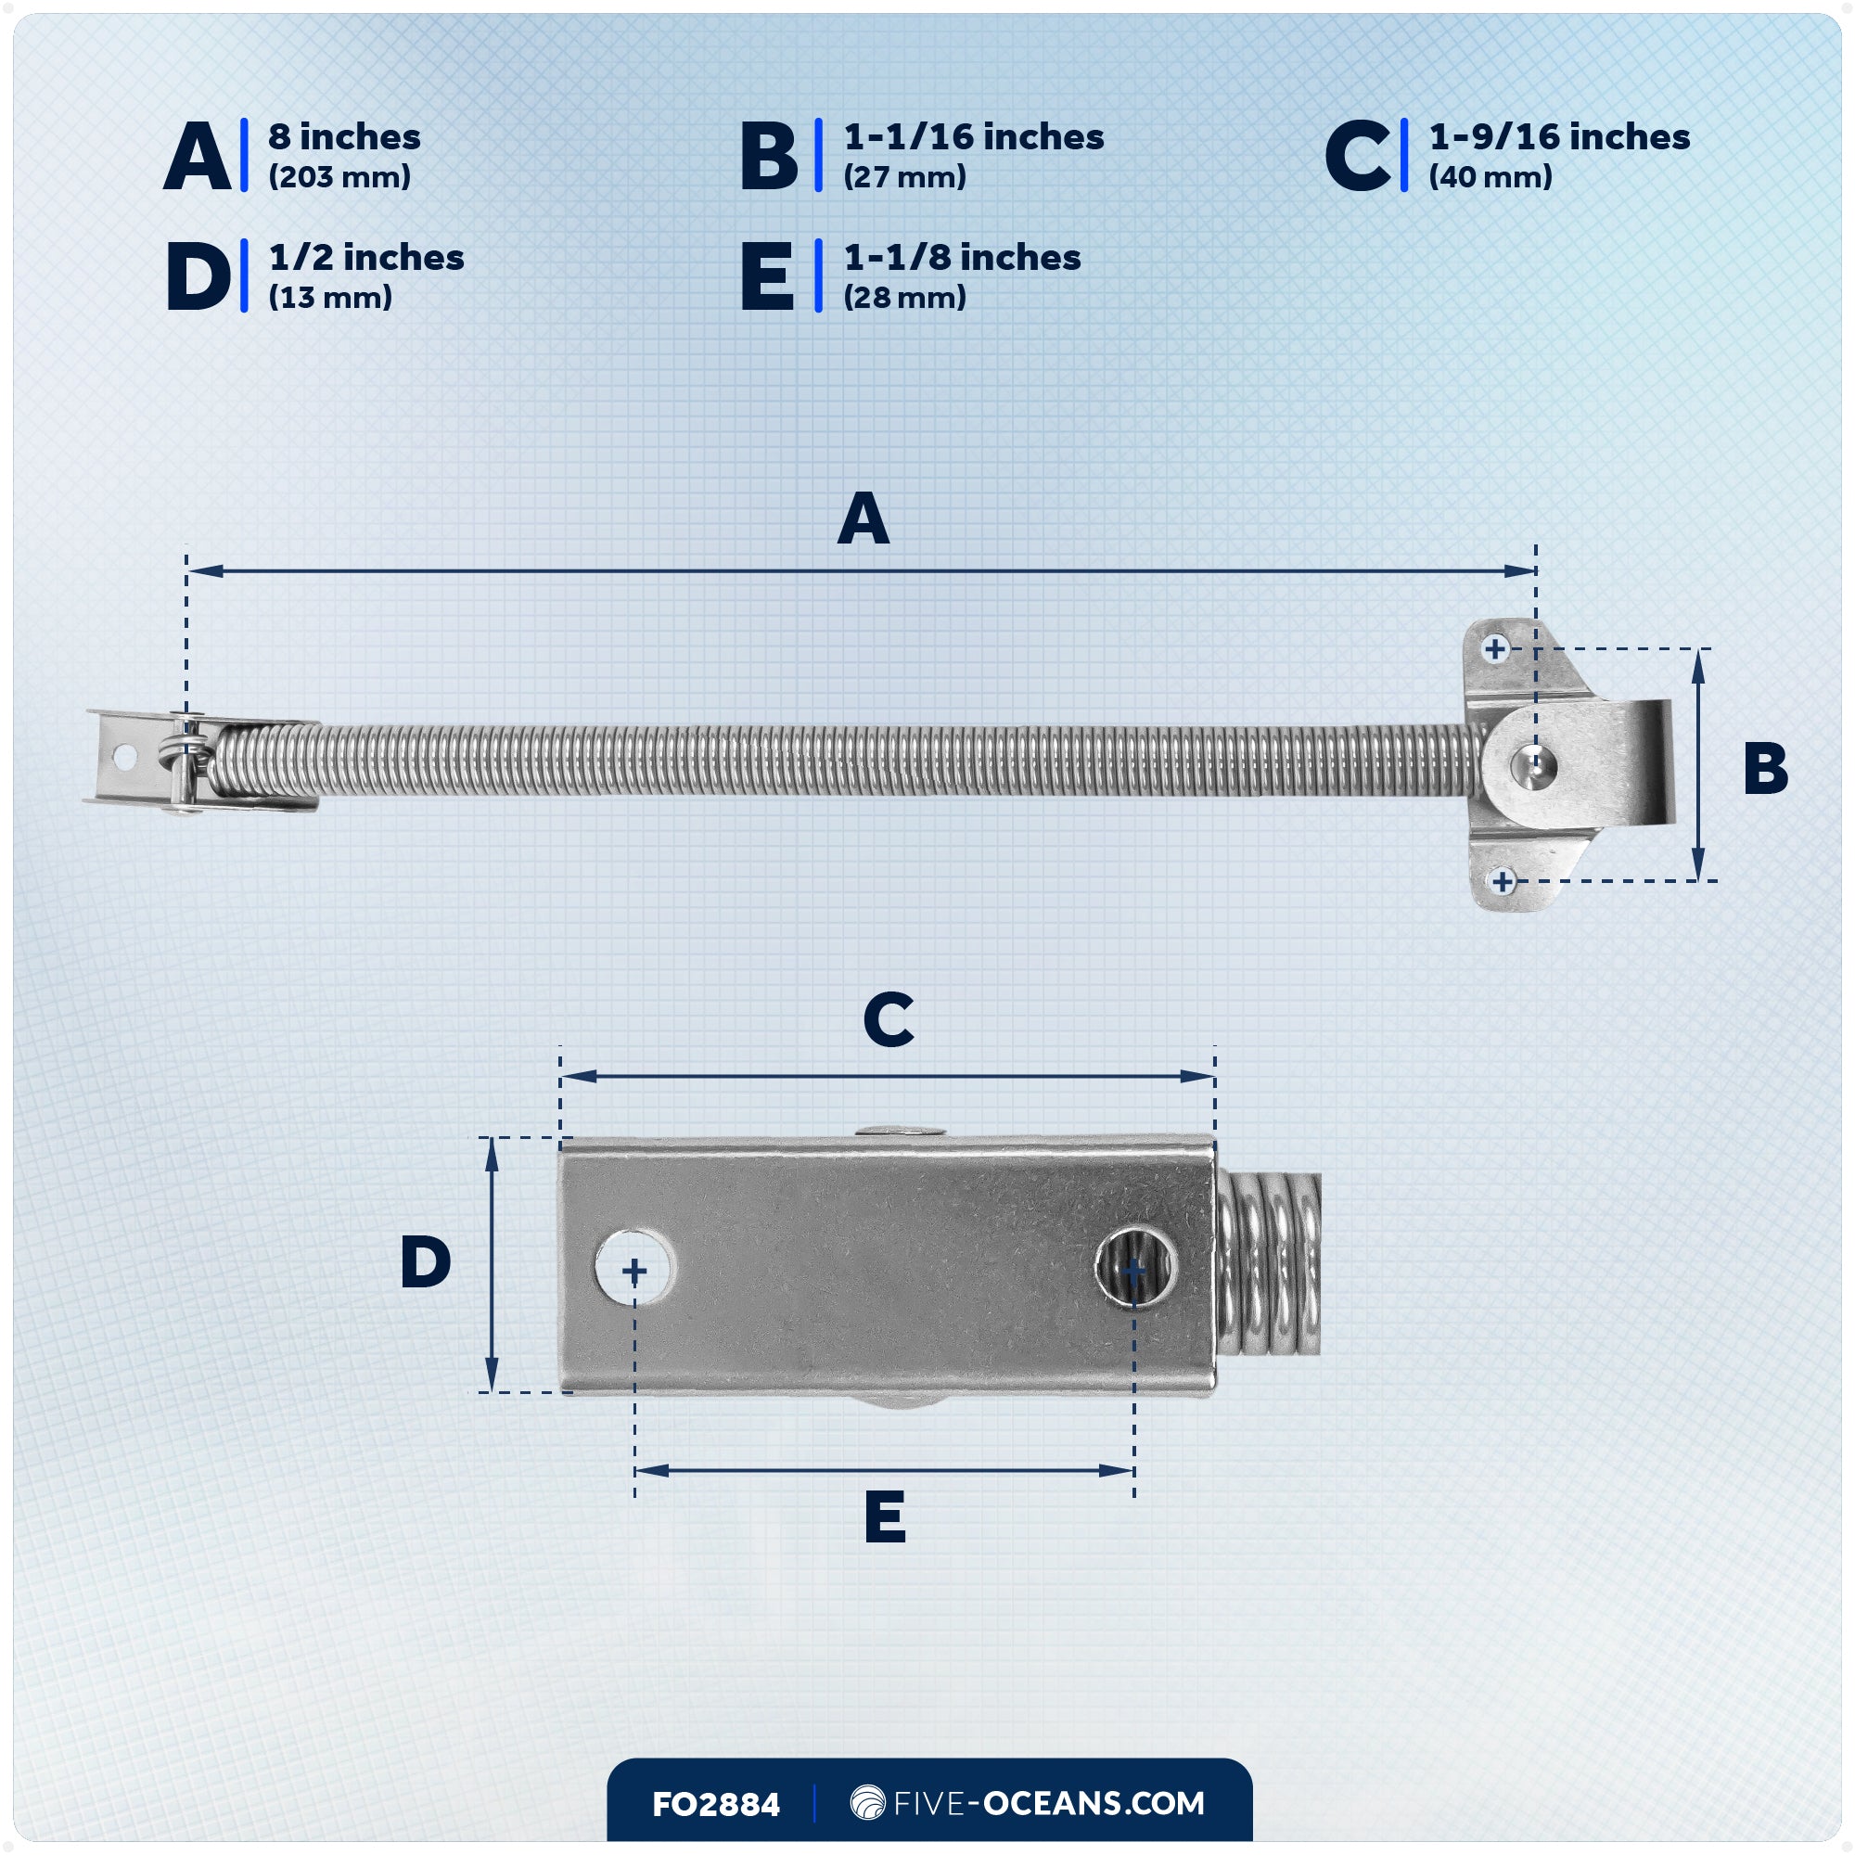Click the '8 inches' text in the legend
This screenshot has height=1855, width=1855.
[x=344, y=137]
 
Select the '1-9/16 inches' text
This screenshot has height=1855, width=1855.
[x=1559, y=137]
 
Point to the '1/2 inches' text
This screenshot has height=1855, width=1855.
[x=365, y=257]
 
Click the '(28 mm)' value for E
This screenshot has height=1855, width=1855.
[x=904, y=298]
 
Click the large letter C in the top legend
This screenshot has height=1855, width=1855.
[x=1357, y=157]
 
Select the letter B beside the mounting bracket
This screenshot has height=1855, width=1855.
[x=1765, y=768]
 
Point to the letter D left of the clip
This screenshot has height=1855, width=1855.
[x=426, y=1261]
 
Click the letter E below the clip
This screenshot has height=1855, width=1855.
[x=884, y=1516]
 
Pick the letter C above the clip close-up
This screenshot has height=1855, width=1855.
[x=889, y=1018]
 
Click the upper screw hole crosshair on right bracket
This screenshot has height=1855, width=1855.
[x=1495, y=649]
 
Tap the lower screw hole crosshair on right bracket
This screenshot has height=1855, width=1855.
[x=1503, y=880]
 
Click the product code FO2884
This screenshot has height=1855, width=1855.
[x=715, y=1804]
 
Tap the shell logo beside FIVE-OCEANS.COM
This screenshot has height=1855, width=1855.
[x=867, y=1802]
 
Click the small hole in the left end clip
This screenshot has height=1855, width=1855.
[x=124, y=757]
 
